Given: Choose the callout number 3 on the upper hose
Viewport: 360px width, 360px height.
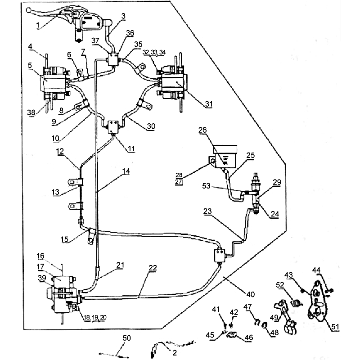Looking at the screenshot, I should [124, 16].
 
